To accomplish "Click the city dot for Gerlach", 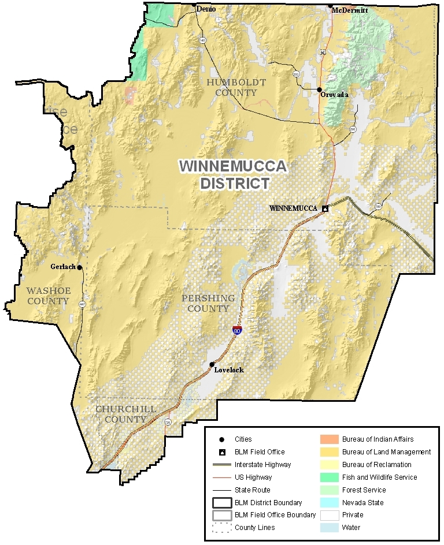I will (80, 267).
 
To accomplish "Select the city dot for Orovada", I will (319, 89).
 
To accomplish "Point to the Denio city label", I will (206, 9).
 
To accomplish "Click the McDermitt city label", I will (350, 10).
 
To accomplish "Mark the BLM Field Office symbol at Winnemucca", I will (325, 208).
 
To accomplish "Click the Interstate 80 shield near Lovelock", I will (237, 330).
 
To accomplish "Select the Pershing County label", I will (208, 303).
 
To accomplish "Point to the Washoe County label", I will (48, 296).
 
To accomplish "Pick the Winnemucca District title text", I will (233, 175).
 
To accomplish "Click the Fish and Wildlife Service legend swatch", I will (328, 477).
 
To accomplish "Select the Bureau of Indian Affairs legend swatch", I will (328, 439).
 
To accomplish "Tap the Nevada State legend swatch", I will (328, 503).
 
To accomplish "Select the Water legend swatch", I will (328, 528).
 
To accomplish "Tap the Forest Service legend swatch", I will (328, 490).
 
